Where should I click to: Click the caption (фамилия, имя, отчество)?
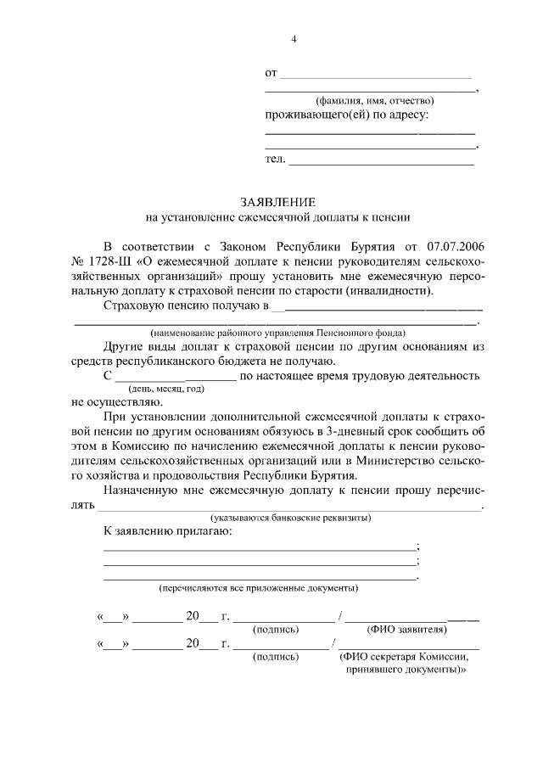[x=369, y=100]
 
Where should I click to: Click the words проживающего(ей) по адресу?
[x=347, y=115]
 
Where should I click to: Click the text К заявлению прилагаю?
[x=166, y=532]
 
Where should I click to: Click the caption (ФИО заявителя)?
[x=406, y=630]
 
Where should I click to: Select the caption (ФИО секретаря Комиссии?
[x=404, y=655]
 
